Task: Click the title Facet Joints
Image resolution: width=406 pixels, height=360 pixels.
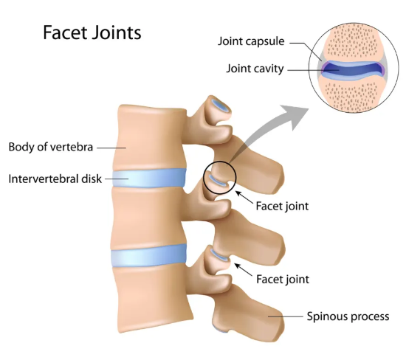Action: tap(92, 32)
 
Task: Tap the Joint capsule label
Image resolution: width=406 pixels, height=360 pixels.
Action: tap(251, 41)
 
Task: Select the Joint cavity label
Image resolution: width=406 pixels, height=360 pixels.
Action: tap(255, 69)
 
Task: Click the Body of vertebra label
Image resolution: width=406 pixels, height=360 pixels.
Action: tap(50, 147)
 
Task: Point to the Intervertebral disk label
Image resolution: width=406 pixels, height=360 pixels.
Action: tap(55, 179)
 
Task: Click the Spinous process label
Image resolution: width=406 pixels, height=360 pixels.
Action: tap(348, 316)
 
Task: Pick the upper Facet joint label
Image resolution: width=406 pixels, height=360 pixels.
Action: tap(282, 207)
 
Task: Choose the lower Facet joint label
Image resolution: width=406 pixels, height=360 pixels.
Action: tap(283, 280)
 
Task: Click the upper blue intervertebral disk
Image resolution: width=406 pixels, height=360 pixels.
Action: tap(149, 178)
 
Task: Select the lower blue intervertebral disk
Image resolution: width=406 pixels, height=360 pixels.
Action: tap(148, 256)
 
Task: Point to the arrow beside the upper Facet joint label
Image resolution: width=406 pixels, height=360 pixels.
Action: tap(244, 197)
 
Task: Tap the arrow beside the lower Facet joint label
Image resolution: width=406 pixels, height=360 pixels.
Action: tap(243, 270)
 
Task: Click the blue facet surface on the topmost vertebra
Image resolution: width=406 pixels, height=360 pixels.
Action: tap(220, 105)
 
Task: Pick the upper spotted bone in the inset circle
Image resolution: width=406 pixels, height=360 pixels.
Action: tap(353, 41)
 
